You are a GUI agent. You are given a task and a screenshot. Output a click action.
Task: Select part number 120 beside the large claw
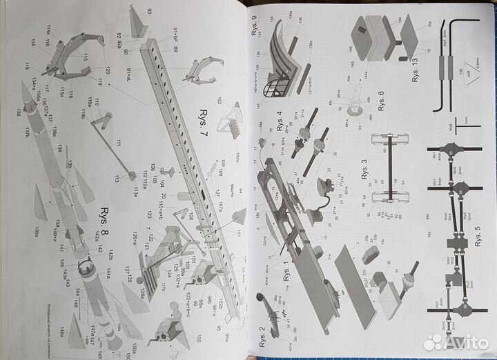click(x=108, y=70)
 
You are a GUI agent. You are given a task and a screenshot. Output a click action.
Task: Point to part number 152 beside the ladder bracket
click(x=218, y=102)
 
